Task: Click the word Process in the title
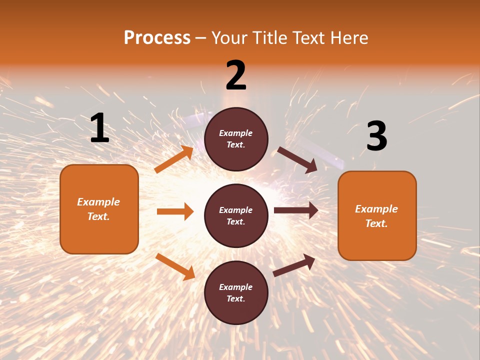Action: (157, 38)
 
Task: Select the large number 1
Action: (99, 128)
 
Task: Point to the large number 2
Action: (236, 75)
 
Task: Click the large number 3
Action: (376, 136)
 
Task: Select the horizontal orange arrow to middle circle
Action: (175, 211)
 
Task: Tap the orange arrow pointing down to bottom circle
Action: (175, 266)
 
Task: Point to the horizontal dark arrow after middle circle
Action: (296, 210)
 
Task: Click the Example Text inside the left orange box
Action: (98, 209)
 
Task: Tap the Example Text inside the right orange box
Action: (376, 216)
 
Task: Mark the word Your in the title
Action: (230, 38)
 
